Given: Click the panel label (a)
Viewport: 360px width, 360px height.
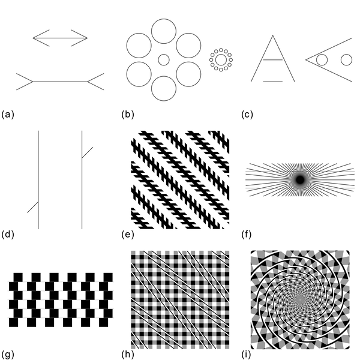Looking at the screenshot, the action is pos(8,115).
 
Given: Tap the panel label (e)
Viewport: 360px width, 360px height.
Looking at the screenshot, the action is pos(128,235).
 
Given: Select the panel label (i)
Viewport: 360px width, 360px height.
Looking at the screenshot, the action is pos(247,355).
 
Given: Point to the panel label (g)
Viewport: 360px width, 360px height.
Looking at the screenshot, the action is pos(8,355).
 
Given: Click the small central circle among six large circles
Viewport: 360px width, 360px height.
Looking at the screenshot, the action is pos(164,59).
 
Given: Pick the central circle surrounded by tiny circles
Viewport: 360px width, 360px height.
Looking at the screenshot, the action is pos(221,59).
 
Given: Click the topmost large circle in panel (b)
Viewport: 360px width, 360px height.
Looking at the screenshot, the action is pos(164,31).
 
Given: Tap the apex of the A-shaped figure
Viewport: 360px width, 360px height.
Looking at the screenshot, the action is pos(273,35).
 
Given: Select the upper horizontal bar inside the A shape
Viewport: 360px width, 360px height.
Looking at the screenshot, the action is pos(273,59).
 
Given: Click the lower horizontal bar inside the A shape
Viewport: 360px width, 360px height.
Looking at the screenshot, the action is pos(273,82).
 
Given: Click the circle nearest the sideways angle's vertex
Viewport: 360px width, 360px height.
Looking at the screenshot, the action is pos(322,59).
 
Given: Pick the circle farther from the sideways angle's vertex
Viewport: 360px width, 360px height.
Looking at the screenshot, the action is pos(346,59).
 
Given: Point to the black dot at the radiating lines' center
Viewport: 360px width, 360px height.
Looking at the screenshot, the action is pos(300,179).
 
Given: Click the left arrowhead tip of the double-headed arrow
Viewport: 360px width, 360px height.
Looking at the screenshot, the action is pos(33,38).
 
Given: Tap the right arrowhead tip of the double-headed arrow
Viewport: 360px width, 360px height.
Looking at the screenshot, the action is pos(88,38).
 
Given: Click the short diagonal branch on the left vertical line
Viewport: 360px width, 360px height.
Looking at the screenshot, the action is pos(33,207).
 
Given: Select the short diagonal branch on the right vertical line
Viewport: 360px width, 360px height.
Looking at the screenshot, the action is pos(88,152).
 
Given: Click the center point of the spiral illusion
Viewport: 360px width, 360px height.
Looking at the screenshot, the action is pos(300,299).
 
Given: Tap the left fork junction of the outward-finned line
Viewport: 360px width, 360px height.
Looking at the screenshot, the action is pos(33,82).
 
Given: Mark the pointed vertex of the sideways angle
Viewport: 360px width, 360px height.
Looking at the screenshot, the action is pos(306,59).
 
